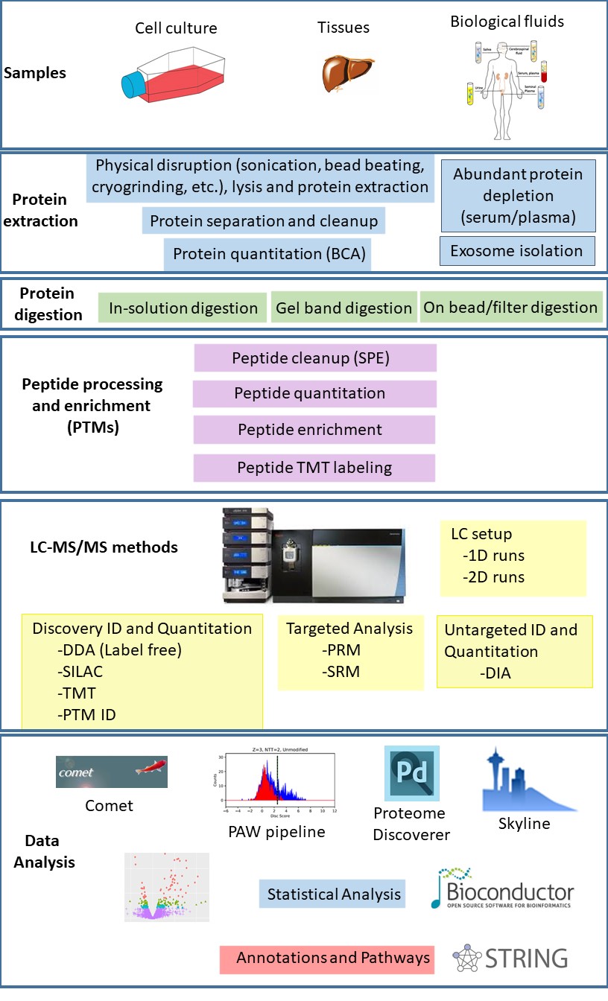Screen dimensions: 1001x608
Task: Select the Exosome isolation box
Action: click(x=517, y=251)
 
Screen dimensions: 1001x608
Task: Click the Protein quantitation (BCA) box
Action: click(x=269, y=254)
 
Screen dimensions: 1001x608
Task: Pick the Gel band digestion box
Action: click(x=343, y=308)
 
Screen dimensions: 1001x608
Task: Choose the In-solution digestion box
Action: click(x=183, y=308)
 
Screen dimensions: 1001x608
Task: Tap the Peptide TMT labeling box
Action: click(x=314, y=468)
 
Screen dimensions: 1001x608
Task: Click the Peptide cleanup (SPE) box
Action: click(x=314, y=357)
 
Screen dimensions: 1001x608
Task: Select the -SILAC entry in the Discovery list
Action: click(x=82, y=671)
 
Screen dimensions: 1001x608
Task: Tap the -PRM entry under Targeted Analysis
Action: click(x=342, y=650)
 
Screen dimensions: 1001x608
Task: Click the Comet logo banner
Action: click(x=112, y=772)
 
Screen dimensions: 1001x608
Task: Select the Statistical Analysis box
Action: click(x=334, y=893)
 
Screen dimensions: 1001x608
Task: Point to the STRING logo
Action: click(x=511, y=958)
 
